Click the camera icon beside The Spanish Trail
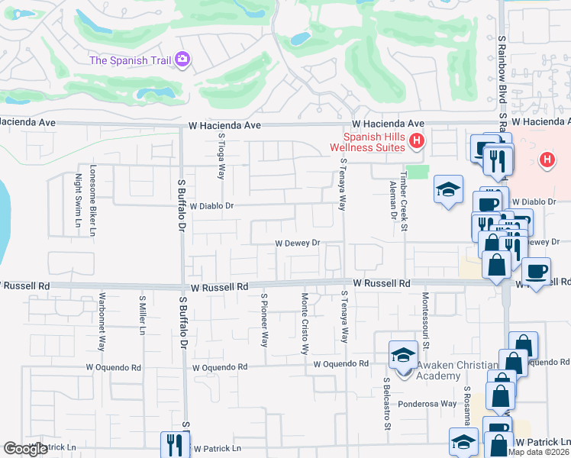[182, 60]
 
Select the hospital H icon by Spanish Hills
[416, 140]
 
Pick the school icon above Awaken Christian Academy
[403, 354]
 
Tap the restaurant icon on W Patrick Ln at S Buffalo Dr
[175, 445]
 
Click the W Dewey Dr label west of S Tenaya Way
[296, 244]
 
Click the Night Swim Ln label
[78, 202]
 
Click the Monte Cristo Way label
[304, 324]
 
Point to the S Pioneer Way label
[264, 320]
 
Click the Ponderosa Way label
[426, 404]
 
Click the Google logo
[25, 449]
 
